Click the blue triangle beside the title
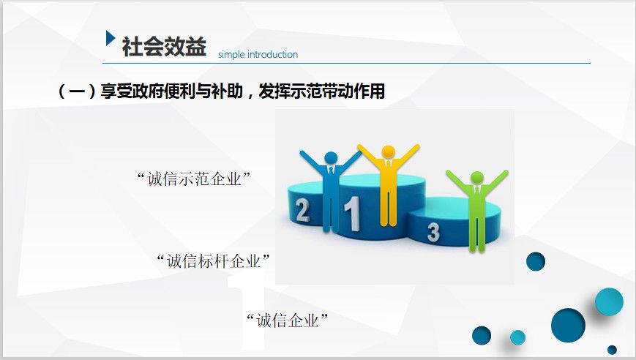point(110,38)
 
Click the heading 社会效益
point(164,46)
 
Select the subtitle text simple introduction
point(258,54)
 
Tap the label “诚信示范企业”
point(193,179)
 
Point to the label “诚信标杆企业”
point(213,260)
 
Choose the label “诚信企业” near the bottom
point(287,320)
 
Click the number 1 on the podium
point(352,213)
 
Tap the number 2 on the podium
point(302,211)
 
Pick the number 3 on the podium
point(433,232)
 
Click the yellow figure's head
point(388,151)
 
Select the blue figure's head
point(331,158)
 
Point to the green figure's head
point(477,178)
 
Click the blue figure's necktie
point(331,171)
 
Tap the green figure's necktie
point(477,190)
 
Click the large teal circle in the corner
point(609,301)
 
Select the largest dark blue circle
point(568,325)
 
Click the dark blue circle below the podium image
point(536,261)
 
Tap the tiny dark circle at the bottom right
point(612,350)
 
